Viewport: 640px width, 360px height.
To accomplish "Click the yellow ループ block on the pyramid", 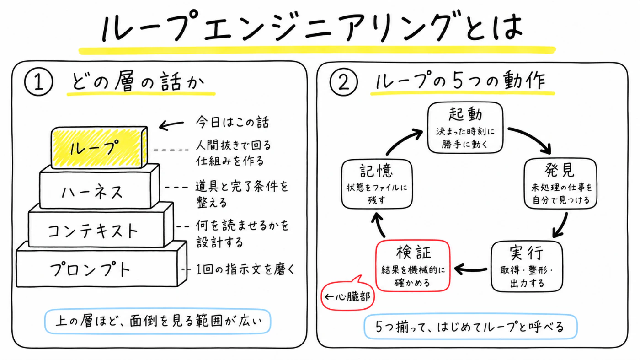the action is (x=99, y=148).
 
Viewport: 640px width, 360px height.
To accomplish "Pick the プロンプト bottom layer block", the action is (x=101, y=265).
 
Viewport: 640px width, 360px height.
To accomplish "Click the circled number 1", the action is (x=38, y=81).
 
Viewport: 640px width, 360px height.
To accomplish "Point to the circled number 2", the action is (x=343, y=82).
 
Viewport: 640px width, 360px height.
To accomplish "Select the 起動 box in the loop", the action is (x=465, y=128).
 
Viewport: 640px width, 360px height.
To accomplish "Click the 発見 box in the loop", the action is (x=560, y=183).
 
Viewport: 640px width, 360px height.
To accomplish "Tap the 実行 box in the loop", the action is (x=527, y=267).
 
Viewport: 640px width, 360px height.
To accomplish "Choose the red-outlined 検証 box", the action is (x=413, y=266).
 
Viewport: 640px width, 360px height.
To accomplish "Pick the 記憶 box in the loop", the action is (x=377, y=184).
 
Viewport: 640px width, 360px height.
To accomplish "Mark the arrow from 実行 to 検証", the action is (x=471, y=269).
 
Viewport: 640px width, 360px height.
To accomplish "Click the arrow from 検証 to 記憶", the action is (x=379, y=225).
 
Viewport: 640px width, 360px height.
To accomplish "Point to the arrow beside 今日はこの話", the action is (x=171, y=125).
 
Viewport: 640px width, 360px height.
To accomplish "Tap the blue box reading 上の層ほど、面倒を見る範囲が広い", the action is (x=158, y=321).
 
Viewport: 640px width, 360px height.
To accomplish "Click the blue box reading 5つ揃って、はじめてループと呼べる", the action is (x=470, y=327).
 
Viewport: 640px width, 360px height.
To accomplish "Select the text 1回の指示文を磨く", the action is (x=245, y=269).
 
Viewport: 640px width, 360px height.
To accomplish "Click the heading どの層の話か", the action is (x=138, y=81).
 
